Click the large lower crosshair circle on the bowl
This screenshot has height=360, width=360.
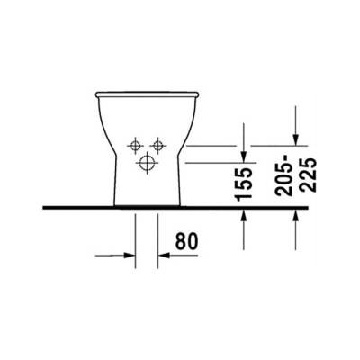click(x=146, y=164)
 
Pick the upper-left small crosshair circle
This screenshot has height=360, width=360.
click(x=135, y=145)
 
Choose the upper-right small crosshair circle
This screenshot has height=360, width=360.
click(x=159, y=145)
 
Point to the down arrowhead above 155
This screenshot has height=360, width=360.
click(x=244, y=156)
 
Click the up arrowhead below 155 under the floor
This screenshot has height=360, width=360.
click(x=244, y=220)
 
